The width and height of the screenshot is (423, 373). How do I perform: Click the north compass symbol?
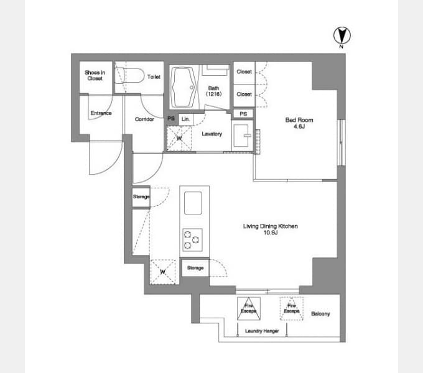point(342,37)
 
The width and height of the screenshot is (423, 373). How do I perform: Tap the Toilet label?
point(154,77)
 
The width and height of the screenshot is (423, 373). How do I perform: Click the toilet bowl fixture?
point(129,75)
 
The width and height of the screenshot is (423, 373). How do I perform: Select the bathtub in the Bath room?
point(184,87)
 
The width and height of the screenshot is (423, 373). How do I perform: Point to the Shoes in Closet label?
point(95,75)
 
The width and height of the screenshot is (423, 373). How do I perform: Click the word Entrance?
point(101,113)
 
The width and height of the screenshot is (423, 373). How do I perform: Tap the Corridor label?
point(144,119)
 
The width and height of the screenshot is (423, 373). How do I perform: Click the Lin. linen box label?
point(185,119)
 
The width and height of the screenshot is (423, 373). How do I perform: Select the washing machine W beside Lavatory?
point(179,138)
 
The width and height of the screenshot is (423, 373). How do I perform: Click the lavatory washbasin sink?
point(241,136)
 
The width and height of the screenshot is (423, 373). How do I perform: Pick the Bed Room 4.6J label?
point(299,123)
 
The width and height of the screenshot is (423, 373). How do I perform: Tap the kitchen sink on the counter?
point(193,203)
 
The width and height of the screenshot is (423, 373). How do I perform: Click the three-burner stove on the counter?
point(192,240)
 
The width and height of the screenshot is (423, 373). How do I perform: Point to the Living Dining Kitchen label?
point(271,229)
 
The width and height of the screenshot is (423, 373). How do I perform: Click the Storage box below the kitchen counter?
point(195,268)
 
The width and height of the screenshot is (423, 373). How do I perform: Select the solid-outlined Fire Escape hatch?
point(249,308)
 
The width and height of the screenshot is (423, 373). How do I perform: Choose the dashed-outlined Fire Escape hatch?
point(291,308)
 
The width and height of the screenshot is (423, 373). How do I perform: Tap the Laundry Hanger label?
point(262,331)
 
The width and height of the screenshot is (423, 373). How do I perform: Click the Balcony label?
point(320,314)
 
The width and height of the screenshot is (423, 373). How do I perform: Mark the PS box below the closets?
point(243,114)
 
